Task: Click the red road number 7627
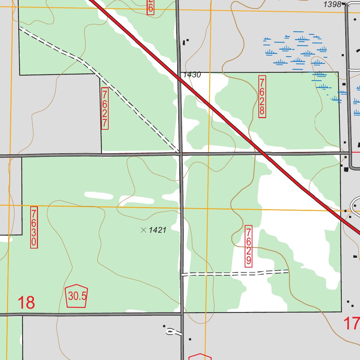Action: pos(104,109)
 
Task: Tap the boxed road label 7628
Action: pos(262,96)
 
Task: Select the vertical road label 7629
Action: pos(249,246)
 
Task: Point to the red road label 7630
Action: pos(34,227)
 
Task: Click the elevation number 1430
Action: pos(192,75)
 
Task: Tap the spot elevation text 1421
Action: pos(157,230)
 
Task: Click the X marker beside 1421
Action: pos(143,230)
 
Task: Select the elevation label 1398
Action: pos(332,4)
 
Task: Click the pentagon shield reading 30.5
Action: pos(77,296)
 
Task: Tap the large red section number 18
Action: pos(26,302)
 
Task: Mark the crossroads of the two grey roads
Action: pos(181,154)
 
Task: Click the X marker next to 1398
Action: pos(347,4)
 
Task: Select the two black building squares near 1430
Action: pos(186,42)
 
